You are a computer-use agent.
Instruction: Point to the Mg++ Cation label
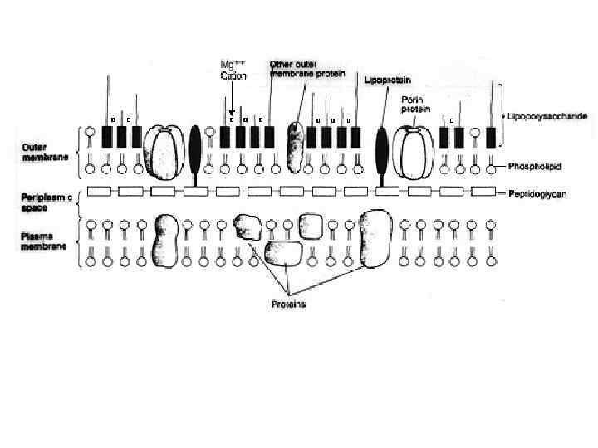click(x=233, y=71)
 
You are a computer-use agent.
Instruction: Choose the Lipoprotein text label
click(x=386, y=80)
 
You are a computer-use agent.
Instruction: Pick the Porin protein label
click(x=413, y=104)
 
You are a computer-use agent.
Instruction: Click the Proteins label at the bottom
click(x=289, y=304)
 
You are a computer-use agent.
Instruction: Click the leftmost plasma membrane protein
click(x=168, y=241)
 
